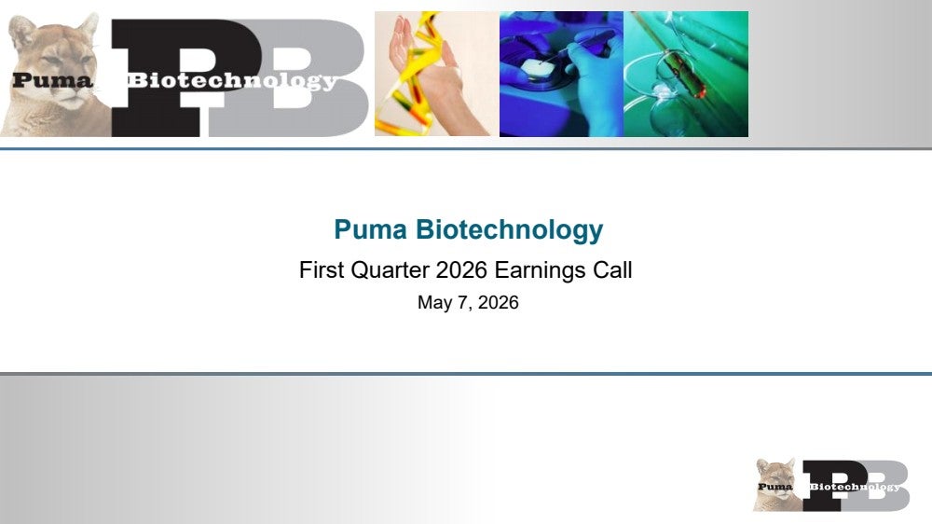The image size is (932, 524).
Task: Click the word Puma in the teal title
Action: pos(370,229)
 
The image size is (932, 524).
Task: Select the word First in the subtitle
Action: pos(322,270)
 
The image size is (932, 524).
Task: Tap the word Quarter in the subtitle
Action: pos(390,270)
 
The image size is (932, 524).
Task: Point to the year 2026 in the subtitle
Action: pos(462,270)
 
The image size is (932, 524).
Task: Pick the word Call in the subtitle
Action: pos(612,270)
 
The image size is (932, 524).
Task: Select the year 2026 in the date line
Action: pos(498,302)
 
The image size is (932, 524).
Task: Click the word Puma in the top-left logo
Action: pos(52,80)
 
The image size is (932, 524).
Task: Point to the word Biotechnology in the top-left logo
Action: pos(232,81)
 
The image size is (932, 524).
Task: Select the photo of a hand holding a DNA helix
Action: pos(436,74)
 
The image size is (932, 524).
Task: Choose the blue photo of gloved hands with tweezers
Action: pos(561,74)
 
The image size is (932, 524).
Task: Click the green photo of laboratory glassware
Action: pos(686,74)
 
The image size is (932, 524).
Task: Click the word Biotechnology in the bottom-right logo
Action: pos(855,487)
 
